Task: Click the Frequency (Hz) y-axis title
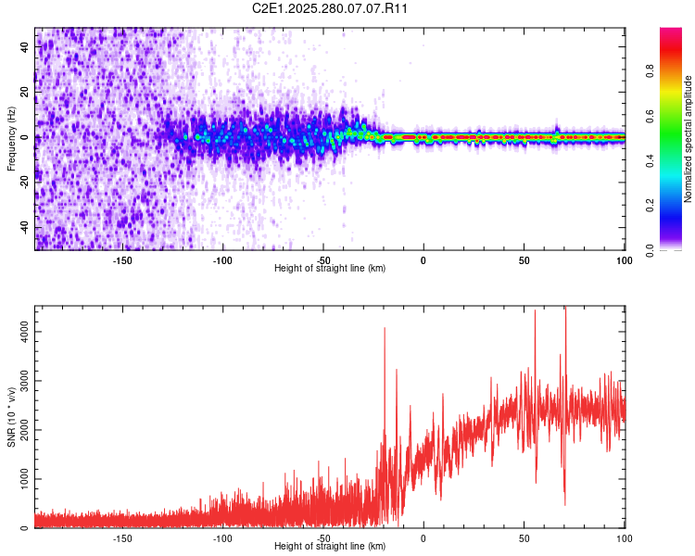(11, 139)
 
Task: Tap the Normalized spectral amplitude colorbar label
(689, 139)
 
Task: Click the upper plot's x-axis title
(330, 269)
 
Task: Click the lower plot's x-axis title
(330, 547)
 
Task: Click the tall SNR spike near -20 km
(384, 329)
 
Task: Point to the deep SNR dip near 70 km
(564, 502)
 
